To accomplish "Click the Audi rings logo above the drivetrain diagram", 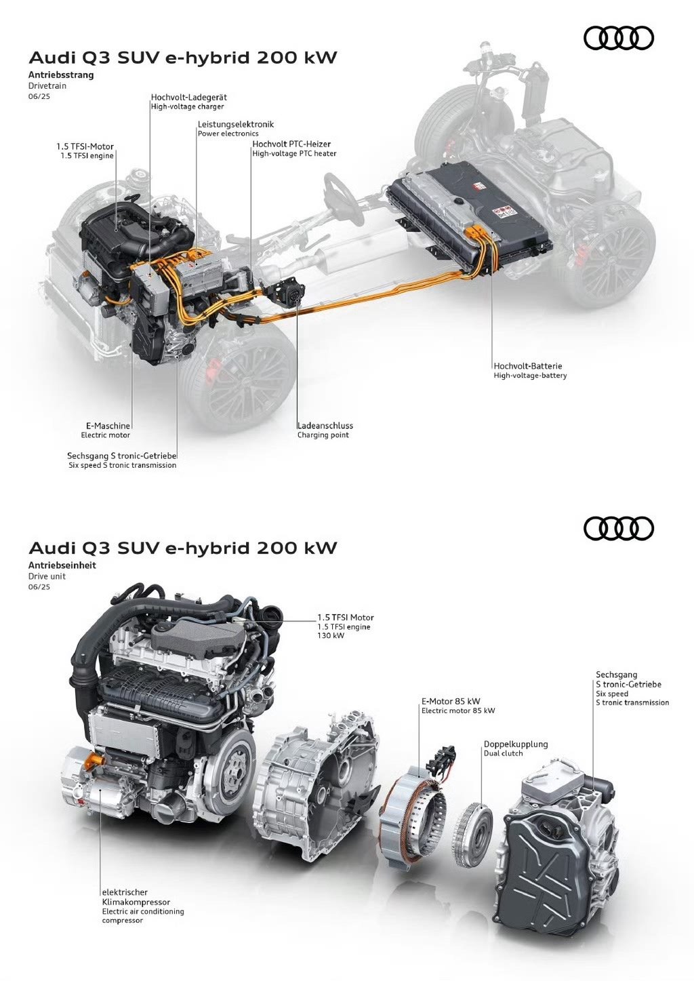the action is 618,38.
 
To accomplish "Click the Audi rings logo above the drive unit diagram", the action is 618,528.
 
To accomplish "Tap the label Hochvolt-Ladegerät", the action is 188,97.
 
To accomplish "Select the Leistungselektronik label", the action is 236,124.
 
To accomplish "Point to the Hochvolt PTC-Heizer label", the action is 291,144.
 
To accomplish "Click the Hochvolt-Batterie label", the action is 527,365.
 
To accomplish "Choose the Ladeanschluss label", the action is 325,425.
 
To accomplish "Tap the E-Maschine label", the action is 108,425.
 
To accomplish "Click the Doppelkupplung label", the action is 516,744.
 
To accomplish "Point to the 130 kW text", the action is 331,635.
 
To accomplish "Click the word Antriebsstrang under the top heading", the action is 61,75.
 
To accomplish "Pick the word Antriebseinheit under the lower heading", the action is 62,565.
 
